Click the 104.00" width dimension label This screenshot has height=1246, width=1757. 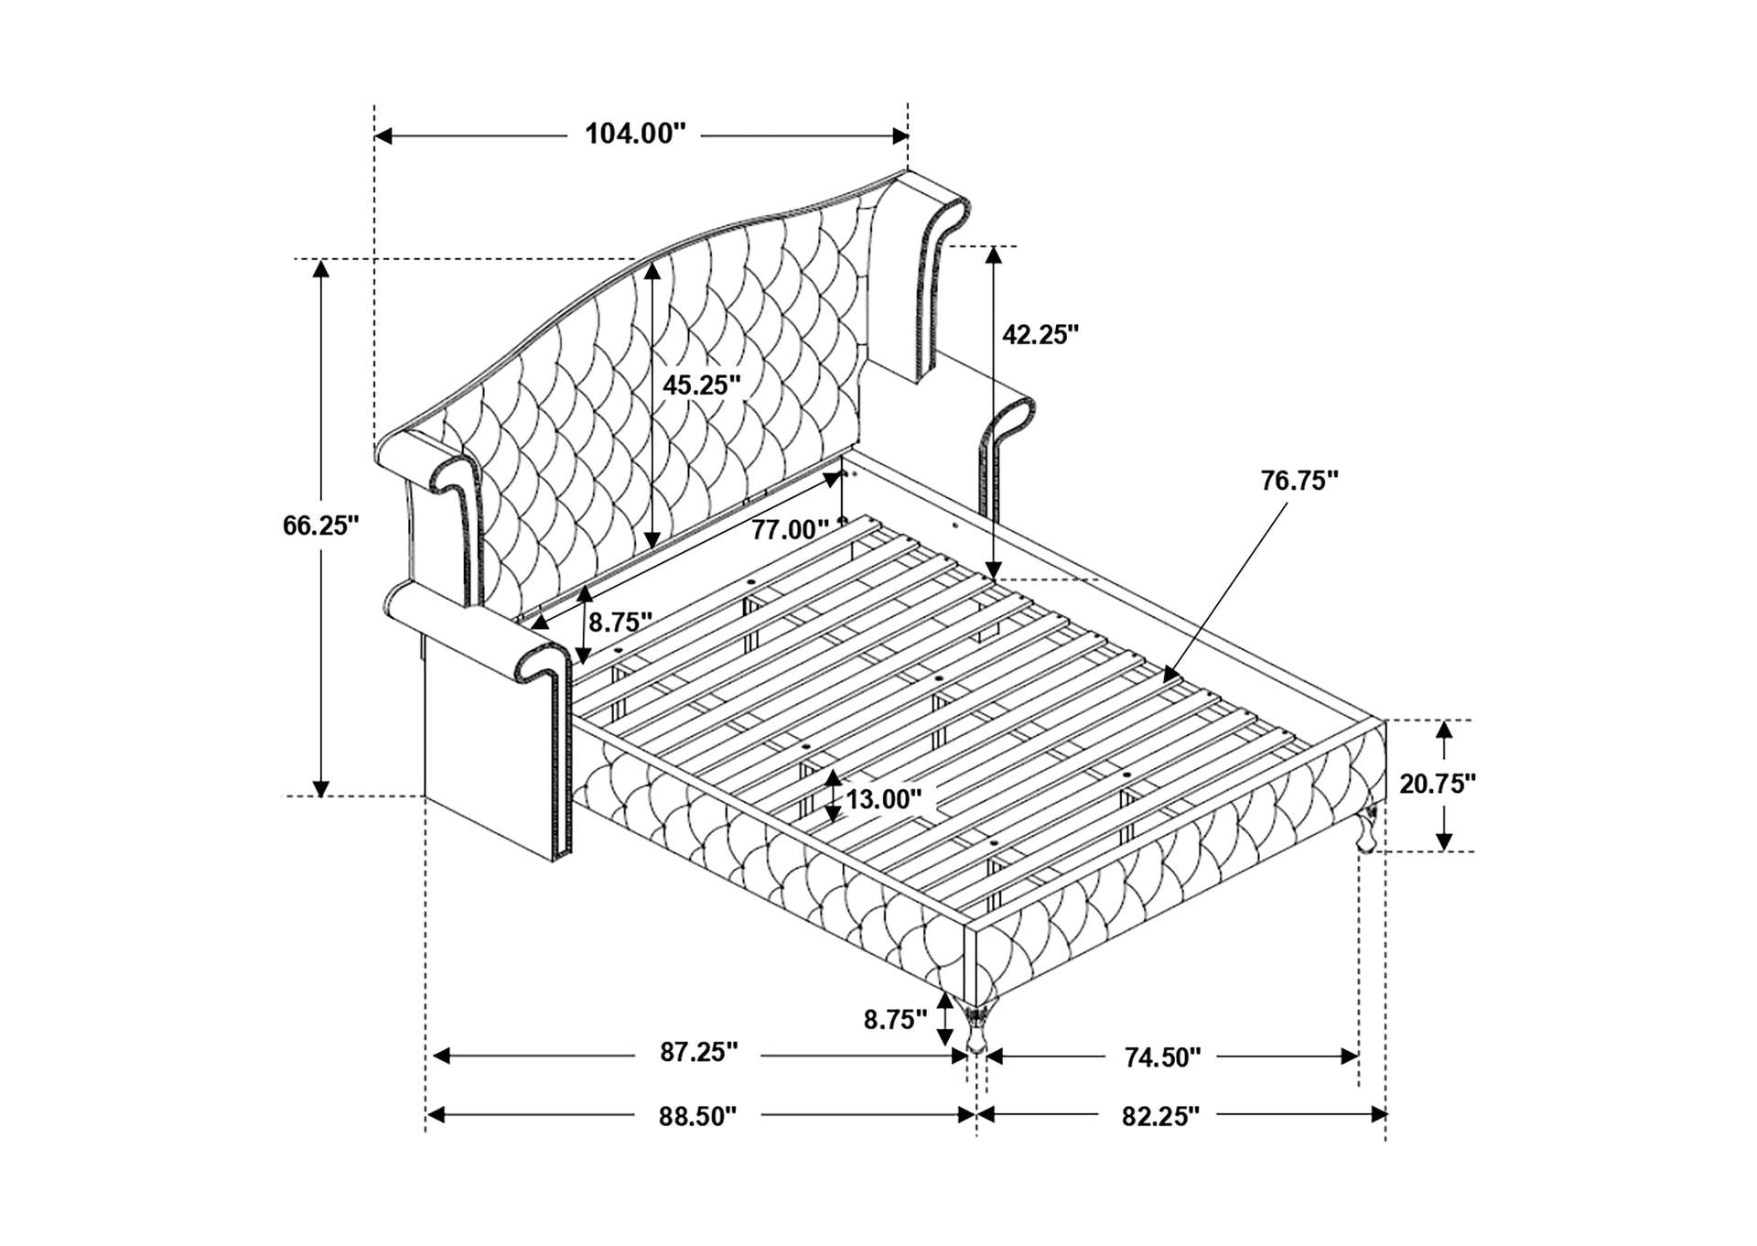(635, 134)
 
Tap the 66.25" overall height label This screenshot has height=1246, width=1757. (320, 525)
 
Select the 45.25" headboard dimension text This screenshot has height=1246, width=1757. (702, 385)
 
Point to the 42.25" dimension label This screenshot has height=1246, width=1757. (1040, 334)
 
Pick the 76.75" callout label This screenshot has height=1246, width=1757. (1299, 480)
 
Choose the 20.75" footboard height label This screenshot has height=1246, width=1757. (1438, 784)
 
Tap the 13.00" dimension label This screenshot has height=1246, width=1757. (883, 799)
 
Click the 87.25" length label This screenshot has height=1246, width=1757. (699, 1052)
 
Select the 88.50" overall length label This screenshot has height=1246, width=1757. (697, 1116)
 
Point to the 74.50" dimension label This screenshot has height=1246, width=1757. (1162, 1057)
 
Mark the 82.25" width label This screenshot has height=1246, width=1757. (1159, 1116)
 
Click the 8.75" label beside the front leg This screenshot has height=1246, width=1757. (896, 1019)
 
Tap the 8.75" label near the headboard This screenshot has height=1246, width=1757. (620, 623)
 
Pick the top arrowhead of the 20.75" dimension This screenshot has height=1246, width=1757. (1444, 730)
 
